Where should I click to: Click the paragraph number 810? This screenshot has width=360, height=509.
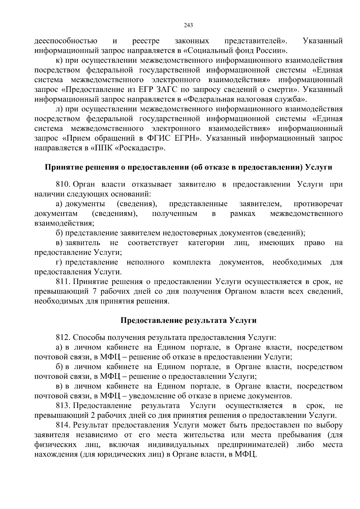coord(63,184)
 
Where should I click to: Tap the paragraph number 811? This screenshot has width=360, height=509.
coord(63,282)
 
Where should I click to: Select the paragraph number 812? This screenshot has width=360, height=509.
coord(63,337)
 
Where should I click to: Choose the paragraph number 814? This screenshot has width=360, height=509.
coord(63,426)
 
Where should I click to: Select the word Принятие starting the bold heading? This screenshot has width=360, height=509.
coord(61,167)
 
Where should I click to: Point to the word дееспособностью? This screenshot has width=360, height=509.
coord(66,41)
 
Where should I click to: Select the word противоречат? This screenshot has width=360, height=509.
coord(318,204)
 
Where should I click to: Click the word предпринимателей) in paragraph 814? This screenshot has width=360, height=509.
coord(253,445)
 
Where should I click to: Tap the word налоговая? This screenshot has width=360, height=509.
coord(260,99)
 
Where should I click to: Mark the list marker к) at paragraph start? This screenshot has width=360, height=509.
coord(59,61)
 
